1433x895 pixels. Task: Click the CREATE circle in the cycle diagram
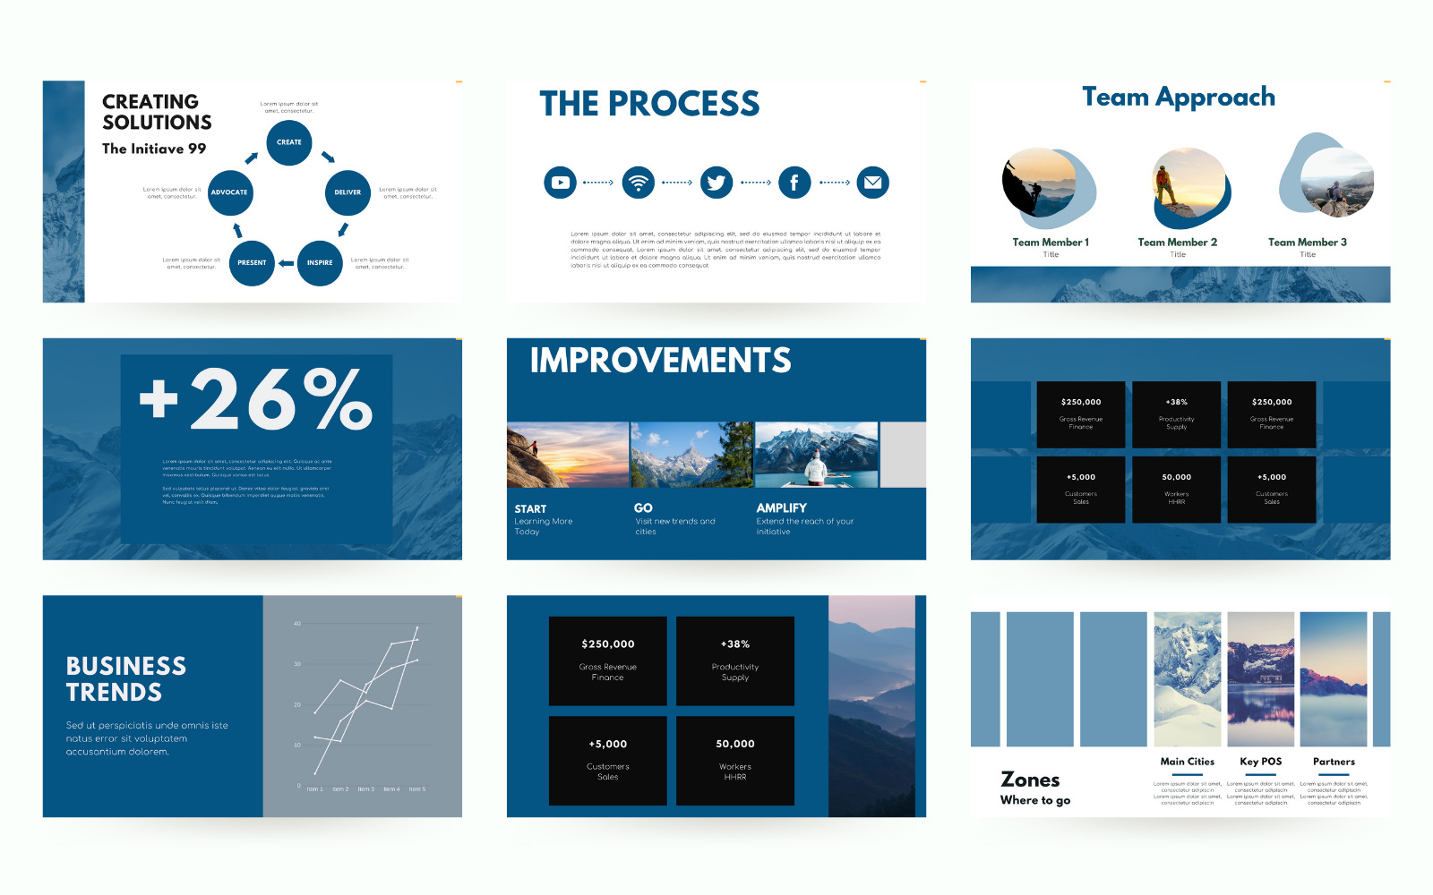click(x=288, y=142)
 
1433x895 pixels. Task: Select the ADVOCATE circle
click(x=229, y=192)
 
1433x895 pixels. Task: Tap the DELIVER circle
click(x=348, y=192)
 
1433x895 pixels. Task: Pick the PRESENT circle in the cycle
click(x=252, y=263)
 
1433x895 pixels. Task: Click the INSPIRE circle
click(x=320, y=263)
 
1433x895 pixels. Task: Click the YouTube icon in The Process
click(x=560, y=183)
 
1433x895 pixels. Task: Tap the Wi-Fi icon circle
click(x=639, y=183)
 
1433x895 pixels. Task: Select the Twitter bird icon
click(x=716, y=183)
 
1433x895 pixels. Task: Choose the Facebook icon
click(x=794, y=183)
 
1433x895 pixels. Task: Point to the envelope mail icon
click(x=872, y=183)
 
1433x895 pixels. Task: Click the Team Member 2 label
click(x=1177, y=243)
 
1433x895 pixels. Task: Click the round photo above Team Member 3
click(x=1336, y=183)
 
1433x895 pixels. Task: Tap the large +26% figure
click(x=256, y=399)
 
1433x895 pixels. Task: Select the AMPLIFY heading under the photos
click(x=781, y=507)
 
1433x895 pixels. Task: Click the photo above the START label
click(x=567, y=455)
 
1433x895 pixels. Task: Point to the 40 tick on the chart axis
click(x=297, y=624)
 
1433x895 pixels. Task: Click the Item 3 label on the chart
click(x=365, y=789)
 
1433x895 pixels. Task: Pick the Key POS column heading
click(x=1260, y=762)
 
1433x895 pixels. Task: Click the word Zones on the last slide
click(x=1030, y=780)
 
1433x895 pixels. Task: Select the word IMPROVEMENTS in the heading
click(x=660, y=361)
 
